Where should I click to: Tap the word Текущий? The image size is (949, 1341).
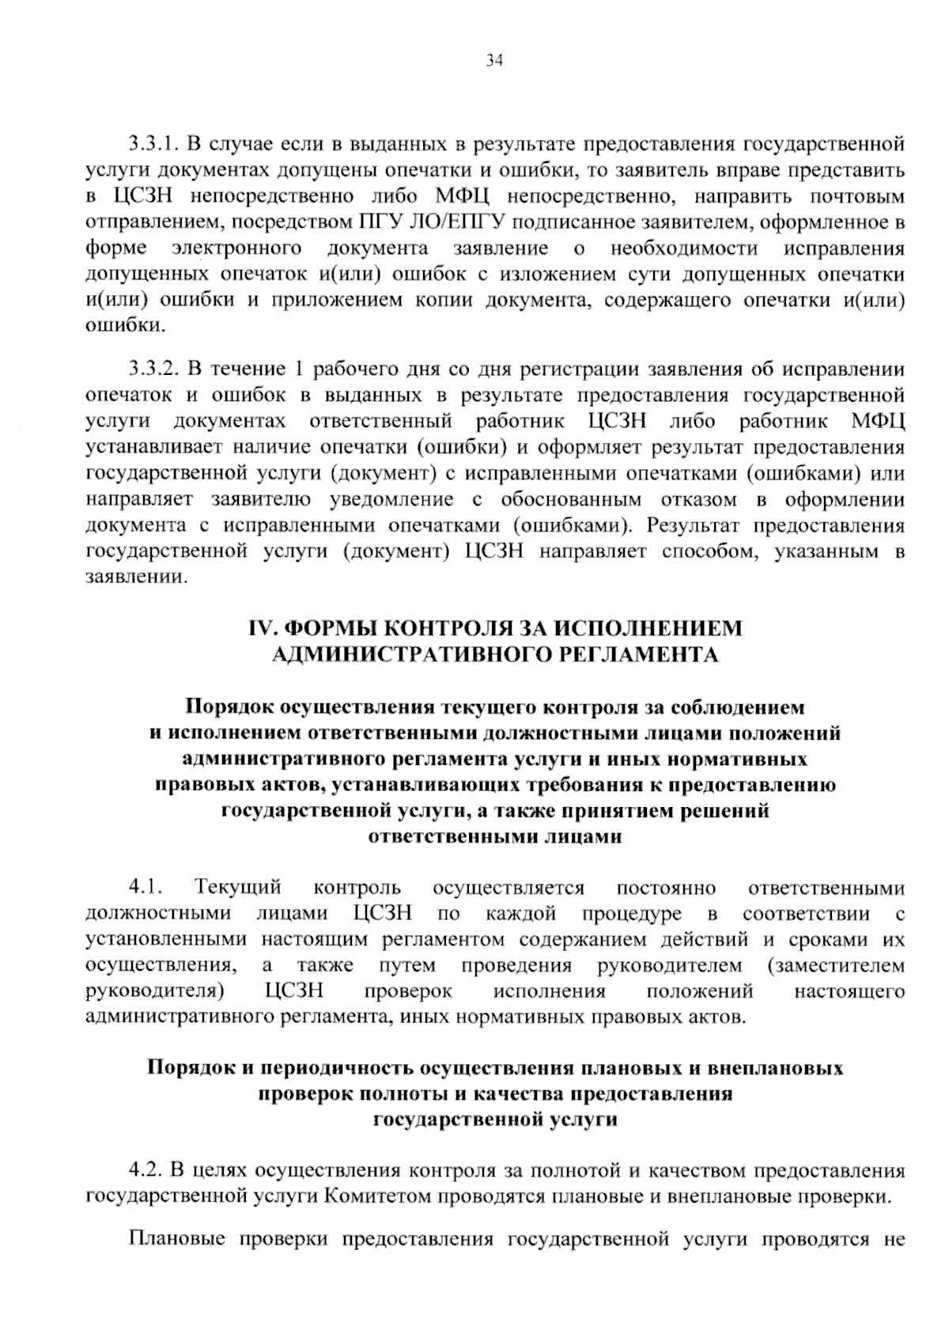coord(239,888)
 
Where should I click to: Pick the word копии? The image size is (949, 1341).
coord(455,301)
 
